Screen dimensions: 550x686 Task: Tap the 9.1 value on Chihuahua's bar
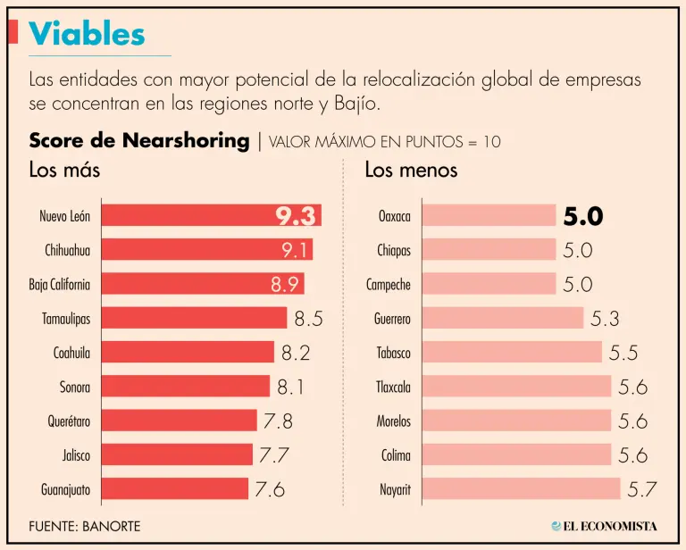tap(294, 250)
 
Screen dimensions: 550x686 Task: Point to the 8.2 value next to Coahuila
tap(296, 353)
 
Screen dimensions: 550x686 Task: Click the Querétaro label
tap(68, 421)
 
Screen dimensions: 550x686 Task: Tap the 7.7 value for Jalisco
tap(274, 455)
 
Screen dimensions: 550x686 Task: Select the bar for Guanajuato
tap(174, 489)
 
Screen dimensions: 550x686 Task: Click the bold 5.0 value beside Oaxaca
tap(583, 216)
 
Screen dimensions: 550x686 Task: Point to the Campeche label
tap(389, 285)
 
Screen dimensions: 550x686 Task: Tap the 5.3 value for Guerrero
tap(605, 318)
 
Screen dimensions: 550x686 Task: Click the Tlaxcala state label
tap(393, 387)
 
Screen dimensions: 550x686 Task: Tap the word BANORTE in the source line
tap(113, 526)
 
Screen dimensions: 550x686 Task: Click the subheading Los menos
tap(411, 170)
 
